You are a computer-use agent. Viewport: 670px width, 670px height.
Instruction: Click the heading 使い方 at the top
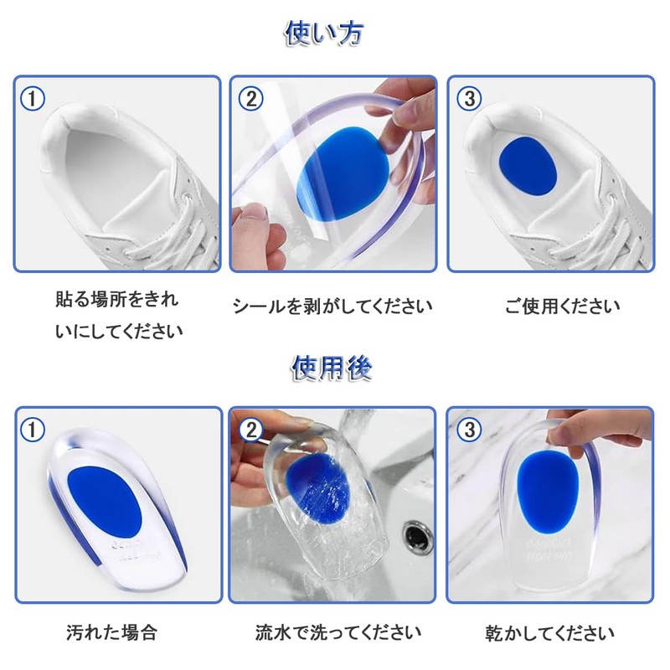coord(325,33)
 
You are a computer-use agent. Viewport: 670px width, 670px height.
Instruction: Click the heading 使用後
coord(332,368)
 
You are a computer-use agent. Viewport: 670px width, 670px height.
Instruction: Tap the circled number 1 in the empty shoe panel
coord(33,99)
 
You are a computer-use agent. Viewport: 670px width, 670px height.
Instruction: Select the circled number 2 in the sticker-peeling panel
coord(250,99)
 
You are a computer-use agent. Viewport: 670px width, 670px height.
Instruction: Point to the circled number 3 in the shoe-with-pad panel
coord(469,99)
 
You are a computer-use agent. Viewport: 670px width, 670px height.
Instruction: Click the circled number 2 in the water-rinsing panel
coord(250,430)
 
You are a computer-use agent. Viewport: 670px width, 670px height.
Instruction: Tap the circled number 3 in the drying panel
coord(469,430)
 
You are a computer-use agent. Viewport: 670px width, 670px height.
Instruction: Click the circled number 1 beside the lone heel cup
coord(33,430)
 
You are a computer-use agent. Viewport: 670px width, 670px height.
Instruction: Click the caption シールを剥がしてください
coord(332,307)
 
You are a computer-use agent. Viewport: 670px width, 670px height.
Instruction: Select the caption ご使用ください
coord(562,307)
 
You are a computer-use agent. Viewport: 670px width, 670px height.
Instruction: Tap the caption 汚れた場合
coord(111,632)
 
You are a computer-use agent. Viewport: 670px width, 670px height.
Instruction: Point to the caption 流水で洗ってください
coord(338,632)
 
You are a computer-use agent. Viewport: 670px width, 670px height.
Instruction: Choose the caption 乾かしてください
coord(550,633)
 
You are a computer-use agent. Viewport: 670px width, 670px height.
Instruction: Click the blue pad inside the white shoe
coord(528,167)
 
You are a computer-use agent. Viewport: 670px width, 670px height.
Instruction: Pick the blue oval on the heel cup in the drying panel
coord(548,492)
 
